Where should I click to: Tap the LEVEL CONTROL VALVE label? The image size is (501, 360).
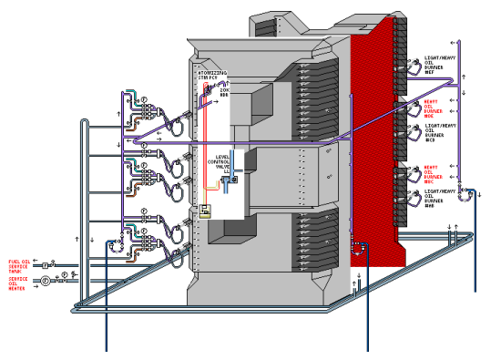pos(218,162)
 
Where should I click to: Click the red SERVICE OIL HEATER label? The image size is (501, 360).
pos(19,282)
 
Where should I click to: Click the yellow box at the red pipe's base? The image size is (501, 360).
pos(205,211)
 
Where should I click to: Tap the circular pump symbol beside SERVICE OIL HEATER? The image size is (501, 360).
pos(46,282)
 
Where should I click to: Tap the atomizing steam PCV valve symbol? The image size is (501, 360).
pos(208,90)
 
